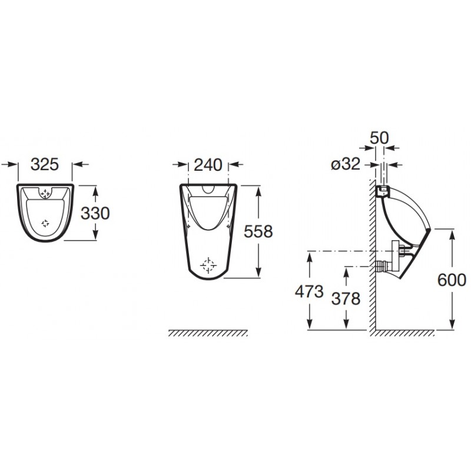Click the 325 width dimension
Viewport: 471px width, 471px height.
pos(45,164)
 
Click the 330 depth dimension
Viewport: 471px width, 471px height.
pos(95,213)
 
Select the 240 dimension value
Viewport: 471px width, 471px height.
pos(208,165)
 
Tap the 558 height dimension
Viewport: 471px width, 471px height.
pos(258,231)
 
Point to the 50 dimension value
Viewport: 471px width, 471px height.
pos(379,138)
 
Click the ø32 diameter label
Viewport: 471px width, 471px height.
pos(346,164)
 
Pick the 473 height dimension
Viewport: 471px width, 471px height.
pos(309,291)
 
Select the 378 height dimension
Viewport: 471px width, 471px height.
pos(346,299)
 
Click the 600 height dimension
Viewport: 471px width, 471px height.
pos(452,280)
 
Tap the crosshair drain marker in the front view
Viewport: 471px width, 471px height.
pos(208,266)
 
